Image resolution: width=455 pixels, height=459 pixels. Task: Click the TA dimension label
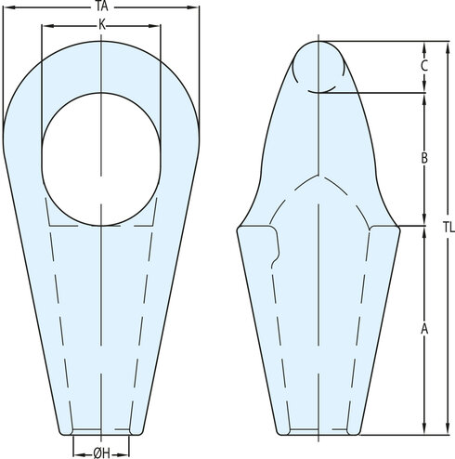(101, 7)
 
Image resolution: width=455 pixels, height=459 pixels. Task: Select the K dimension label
(102, 25)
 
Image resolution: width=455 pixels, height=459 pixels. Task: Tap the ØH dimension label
(101, 453)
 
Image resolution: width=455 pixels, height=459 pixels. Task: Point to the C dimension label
(424, 66)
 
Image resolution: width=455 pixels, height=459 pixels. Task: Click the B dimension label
(424, 158)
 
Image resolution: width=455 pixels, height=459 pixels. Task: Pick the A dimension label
(424, 329)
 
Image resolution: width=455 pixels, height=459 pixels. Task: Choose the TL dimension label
(448, 228)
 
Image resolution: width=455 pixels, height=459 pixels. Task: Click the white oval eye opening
(101, 159)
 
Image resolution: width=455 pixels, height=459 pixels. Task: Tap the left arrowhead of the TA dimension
(9, 7)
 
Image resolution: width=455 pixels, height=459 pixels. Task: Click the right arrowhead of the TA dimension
(193, 7)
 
